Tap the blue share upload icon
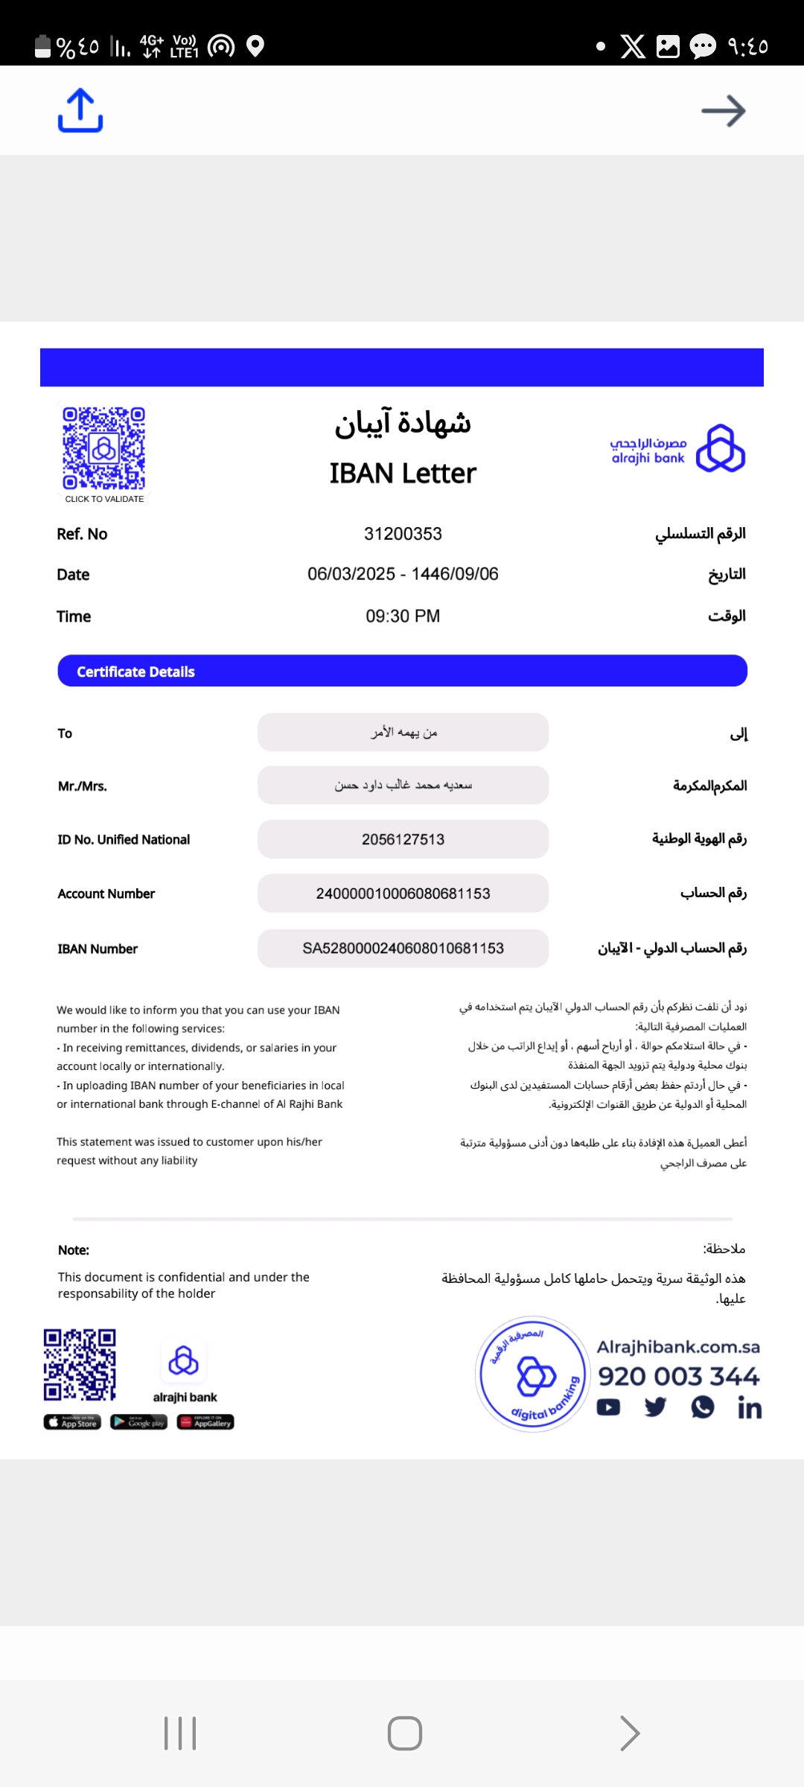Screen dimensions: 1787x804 pyautogui.click(x=80, y=111)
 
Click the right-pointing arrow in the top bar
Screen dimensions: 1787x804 pyautogui.click(x=723, y=111)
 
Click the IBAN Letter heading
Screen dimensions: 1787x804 pyautogui.click(x=403, y=474)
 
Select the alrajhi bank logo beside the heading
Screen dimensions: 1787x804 pyautogui.click(x=677, y=449)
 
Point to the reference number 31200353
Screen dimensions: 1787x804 pyautogui.click(x=403, y=534)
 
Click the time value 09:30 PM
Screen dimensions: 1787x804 pyautogui.click(x=403, y=616)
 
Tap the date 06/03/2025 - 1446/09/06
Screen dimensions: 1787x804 pyautogui.click(x=403, y=574)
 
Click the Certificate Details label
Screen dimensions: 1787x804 pyautogui.click(x=135, y=672)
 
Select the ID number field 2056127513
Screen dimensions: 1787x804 pyautogui.click(x=403, y=839)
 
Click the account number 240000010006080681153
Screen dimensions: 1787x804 pyautogui.click(x=403, y=893)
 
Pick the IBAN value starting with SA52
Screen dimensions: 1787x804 pyautogui.click(x=403, y=948)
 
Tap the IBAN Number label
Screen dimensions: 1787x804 pyautogui.click(x=98, y=949)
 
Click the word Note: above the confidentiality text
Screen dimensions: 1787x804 pyautogui.click(x=74, y=1250)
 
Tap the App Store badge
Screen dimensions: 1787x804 pyautogui.click(x=72, y=1422)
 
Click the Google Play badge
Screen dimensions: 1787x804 pyautogui.click(x=139, y=1422)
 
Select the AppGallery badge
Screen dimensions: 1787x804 pyautogui.click(x=205, y=1422)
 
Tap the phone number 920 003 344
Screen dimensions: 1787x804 pyautogui.click(x=678, y=1376)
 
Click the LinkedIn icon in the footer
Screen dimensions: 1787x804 pyautogui.click(x=749, y=1408)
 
